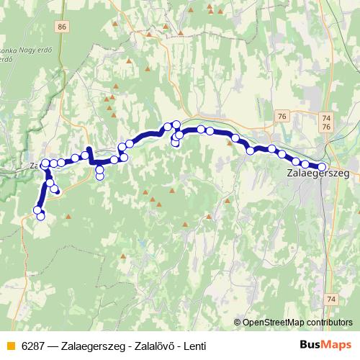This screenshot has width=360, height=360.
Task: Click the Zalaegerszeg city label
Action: (x=318, y=174)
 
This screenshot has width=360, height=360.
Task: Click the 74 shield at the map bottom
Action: (x=330, y=298)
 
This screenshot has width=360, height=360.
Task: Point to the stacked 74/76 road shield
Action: (x=327, y=122)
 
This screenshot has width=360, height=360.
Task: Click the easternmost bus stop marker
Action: (x=322, y=167)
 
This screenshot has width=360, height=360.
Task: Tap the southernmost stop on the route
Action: (x=41, y=216)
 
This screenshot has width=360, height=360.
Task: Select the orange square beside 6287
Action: (x=9, y=346)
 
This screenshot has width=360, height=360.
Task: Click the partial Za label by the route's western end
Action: (x=34, y=165)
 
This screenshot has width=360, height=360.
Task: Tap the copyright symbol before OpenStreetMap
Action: (x=237, y=322)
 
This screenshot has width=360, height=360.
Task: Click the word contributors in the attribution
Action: (x=327, y=322)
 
